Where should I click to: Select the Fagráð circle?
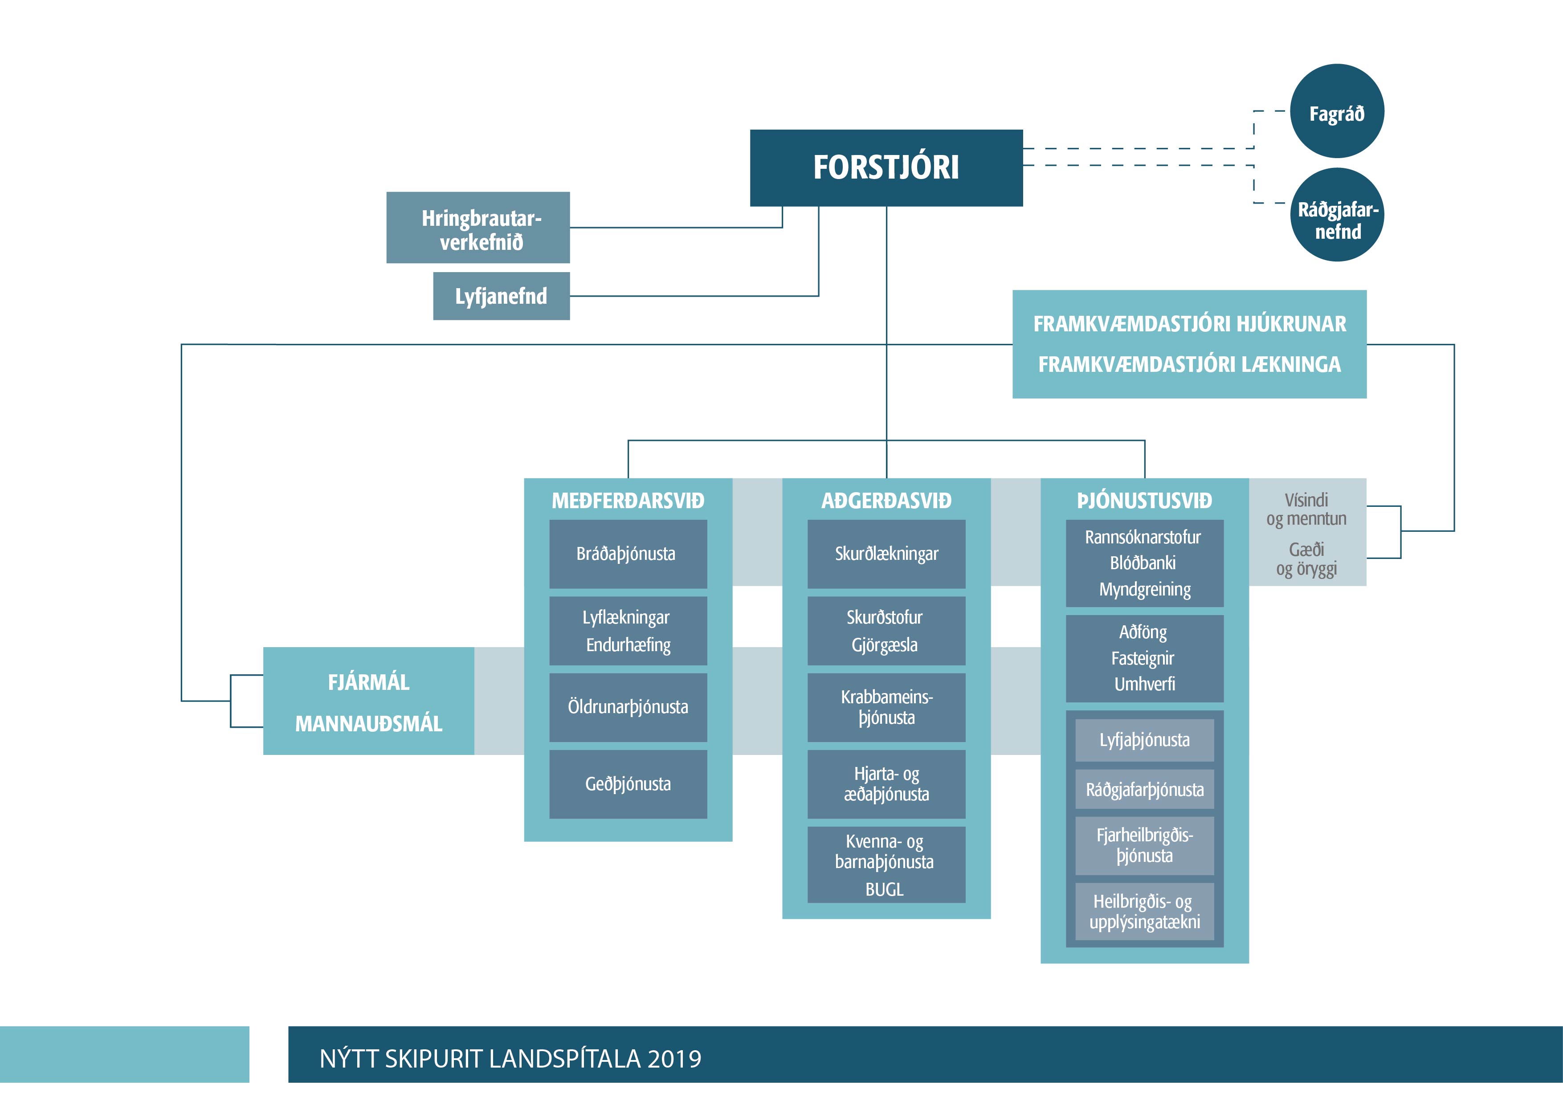(1337, 112)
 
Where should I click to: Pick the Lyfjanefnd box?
(501, 296)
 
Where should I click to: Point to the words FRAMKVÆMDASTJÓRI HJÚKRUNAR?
(1189, 324)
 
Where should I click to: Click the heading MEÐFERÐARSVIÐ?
(628, 501)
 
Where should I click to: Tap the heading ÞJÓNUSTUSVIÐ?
(1144, 501)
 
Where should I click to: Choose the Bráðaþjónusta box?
(627, 554)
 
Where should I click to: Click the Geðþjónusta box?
(628, 783)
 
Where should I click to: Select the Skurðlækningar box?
(886, 554)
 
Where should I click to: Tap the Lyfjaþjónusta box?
(1144, 740)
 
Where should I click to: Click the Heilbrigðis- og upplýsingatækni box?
(1144, 912)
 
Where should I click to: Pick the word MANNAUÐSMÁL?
(368, 724)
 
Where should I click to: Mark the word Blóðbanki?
(1143, 563)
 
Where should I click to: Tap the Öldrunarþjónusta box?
(628, 707)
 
